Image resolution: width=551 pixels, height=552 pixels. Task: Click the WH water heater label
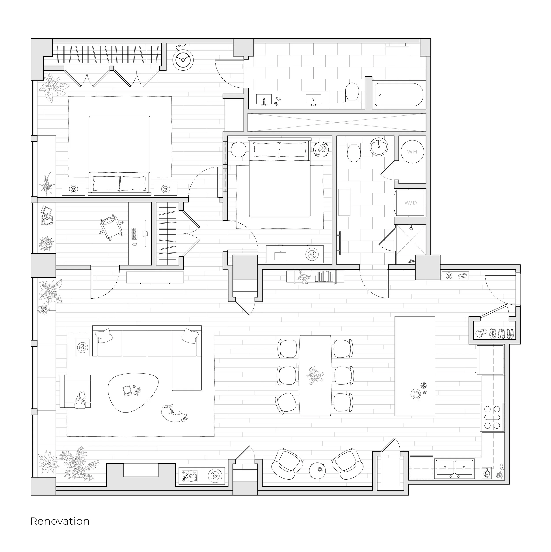pyautogui.click(x=412, y=152)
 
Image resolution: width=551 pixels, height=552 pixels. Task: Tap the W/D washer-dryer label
pyautogui.click(x=410, y=203)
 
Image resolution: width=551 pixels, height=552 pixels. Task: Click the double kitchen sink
pyautogui.click(x=454, y=469)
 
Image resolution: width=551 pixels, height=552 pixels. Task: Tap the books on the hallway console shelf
pyautogui.click(x=324, y=277)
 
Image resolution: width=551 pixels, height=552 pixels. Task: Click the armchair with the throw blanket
pyautogui.click(x=76, y=391)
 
